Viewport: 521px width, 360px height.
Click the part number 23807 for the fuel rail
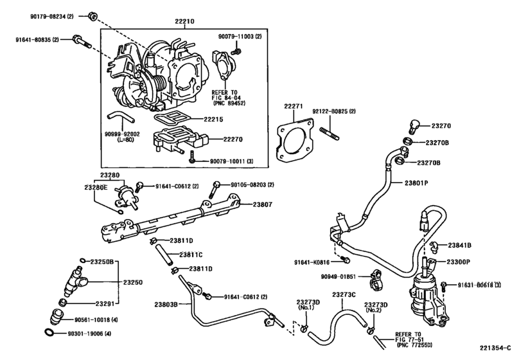coord(262,205)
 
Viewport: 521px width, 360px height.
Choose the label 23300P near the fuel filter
coord(460,262)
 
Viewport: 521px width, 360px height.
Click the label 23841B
coord(460,245)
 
